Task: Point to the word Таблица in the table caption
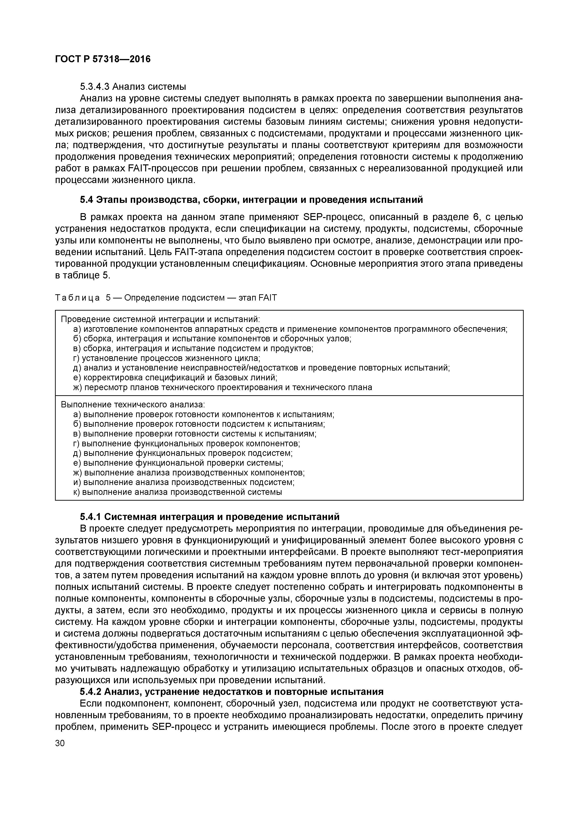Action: pos(77,298)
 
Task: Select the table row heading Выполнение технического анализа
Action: pos(133,405)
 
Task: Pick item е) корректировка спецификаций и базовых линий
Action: pos(175,377)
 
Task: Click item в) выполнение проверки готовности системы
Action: pos(194,434)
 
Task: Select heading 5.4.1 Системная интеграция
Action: pos(209,516)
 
